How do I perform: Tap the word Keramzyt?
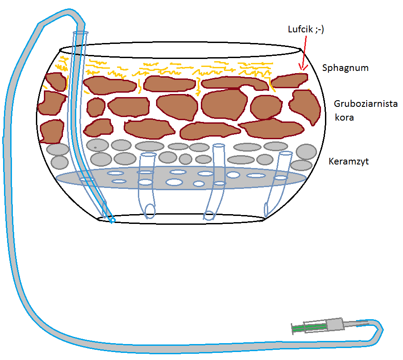pos(348,161)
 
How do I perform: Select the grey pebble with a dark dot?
pos(95,145)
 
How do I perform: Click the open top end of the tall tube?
pos(80,33)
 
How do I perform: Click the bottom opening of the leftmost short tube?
pos(150,210)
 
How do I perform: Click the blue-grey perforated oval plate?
pos(182,178)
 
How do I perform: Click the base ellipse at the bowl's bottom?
pos(182,219)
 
